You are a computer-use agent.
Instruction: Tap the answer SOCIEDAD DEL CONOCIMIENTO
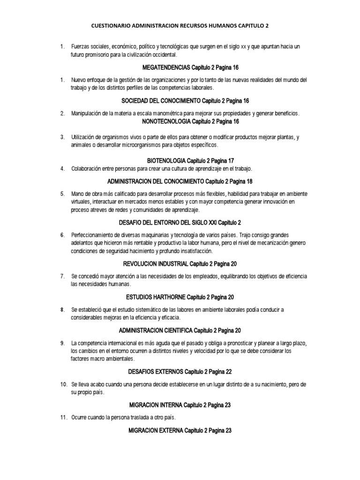(160, 101)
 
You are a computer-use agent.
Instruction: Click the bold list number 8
(62, 310)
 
